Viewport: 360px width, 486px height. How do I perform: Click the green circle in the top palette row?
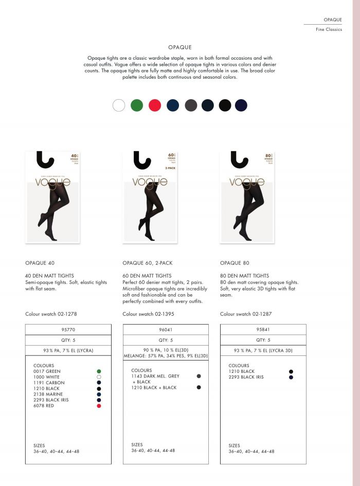coord(137,105)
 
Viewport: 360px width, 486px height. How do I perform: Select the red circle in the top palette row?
coord(155,105)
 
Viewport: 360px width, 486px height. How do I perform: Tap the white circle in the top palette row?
coord(119,105)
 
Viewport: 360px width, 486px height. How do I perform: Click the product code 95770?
coord(68,330)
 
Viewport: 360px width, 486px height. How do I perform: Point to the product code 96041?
coord(165,330)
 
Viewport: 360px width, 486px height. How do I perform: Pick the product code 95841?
coord(263,330)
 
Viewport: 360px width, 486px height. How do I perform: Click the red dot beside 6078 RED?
coord(99,406)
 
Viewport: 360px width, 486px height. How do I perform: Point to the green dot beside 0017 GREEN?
coord(99,371)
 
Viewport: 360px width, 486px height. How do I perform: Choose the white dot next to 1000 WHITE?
coord(99,377)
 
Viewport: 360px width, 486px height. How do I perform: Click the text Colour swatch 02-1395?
coord(148,314)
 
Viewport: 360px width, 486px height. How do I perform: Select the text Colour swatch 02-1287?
coord(246,314)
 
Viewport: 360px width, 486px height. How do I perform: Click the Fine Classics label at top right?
coord(329,29)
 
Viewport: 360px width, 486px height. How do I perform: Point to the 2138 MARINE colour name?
coord(47,394)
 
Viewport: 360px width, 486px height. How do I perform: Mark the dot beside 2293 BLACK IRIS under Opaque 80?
coord(291,377)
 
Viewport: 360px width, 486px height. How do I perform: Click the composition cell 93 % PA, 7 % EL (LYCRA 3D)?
coord(263,350)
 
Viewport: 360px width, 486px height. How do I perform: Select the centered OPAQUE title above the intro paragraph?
coord(179,47)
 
